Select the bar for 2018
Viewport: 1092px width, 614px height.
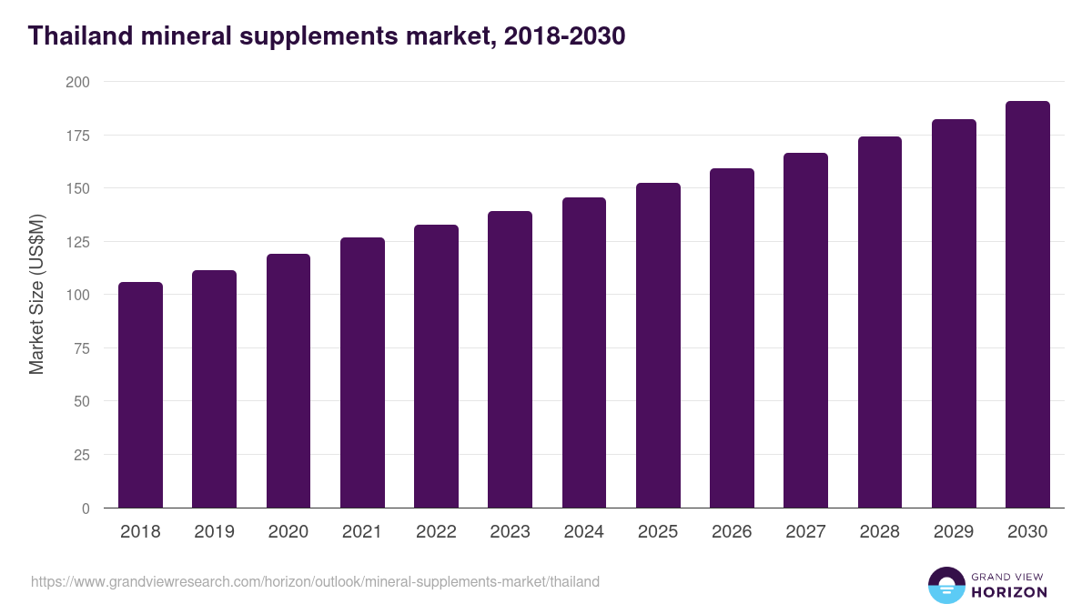pyautogui.click(x=140, y=395)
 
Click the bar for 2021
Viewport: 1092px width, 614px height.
pyautogui.click(x=362, y=373)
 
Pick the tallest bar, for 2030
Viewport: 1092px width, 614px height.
pyautogui.click(x=1027, y=305)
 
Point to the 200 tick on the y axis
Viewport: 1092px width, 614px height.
pyautogui.click(x=78, y=82)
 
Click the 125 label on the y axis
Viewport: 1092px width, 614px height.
pyautogui.click(x=78, y=242)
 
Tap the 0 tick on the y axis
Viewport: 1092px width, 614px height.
pyautogui.click(x=86, y=508)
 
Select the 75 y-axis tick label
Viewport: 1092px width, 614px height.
pyautogui.click(x=82, y=348)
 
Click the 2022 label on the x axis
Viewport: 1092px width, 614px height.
pyautogui.click(x=436, y=532)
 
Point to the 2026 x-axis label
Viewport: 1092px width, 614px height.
pyautogui.click(x=732, y=532)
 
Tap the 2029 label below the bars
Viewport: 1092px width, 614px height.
pyautogui.click(x=954, y=532)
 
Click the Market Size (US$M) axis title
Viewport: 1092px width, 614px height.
pyautogui.click(x=36, y=294)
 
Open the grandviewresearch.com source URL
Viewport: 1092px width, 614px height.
pyautogui.click(x=315, y=581)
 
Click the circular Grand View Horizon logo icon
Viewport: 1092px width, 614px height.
pyautogui.click(x=945, y=585)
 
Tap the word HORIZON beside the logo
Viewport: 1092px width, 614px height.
pyautogui.click(x=1008, y=592)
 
